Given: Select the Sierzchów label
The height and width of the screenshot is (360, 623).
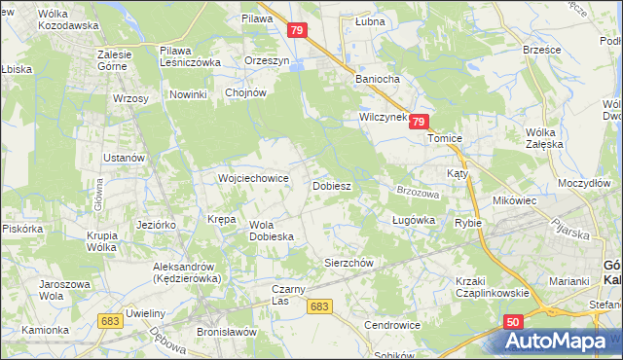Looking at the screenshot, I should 348,263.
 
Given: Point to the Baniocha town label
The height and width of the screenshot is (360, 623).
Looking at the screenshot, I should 378,80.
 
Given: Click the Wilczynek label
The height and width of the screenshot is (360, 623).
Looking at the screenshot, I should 381,117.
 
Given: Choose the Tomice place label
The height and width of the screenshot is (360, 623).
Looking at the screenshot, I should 450,138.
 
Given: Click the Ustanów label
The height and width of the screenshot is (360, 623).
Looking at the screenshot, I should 125,158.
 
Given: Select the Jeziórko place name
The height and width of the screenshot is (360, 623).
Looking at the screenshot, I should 156,224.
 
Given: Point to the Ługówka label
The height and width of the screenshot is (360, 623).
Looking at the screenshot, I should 413,221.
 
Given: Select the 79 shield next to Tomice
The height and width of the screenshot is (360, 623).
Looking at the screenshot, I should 419,122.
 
